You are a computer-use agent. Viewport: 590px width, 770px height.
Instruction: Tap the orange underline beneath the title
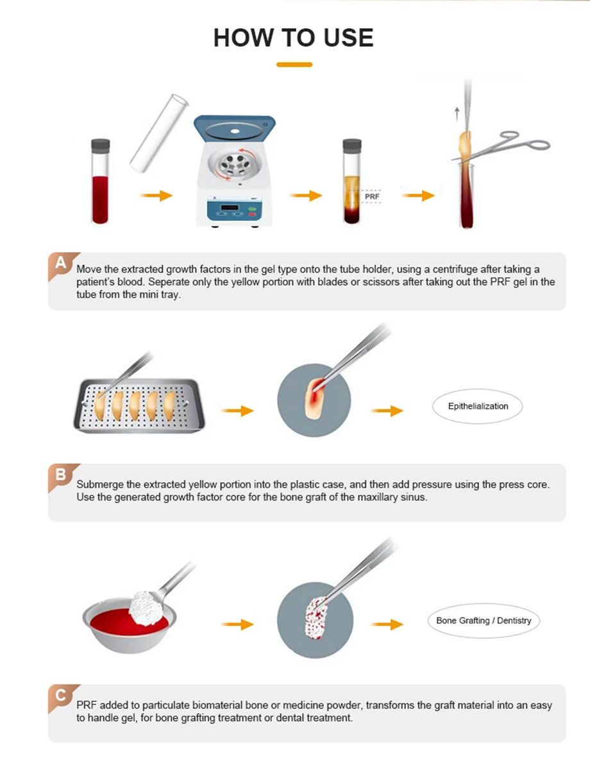pyautogui.click(x=294, y=65)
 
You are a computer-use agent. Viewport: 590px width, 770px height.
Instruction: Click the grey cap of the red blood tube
pyautogui.click(x=100, y=146)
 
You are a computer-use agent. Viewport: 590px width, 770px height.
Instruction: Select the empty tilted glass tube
pyautogui.click(x=158, y=133)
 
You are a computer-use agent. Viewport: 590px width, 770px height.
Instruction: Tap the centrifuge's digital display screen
pyautogui.click(x=229, y=207)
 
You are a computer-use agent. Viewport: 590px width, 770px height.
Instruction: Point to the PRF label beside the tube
pyautogui.click(x=372, y=196)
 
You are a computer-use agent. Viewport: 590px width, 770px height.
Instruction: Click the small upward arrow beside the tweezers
pyautogui.click(x=457, y=114)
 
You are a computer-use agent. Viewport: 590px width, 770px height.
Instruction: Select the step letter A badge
pyautogui.click(x=61, y=263)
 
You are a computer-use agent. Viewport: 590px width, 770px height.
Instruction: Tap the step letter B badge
pyautogui.click(x=61, y=474)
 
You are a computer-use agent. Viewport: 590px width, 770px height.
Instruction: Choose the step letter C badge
pyautogui.click(x=61, y=695)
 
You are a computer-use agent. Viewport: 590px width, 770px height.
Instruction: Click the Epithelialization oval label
pyautogui.click(x=477, y=406)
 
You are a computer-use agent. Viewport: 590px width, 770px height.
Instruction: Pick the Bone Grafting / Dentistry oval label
pyautogui.click(x=484, y=620)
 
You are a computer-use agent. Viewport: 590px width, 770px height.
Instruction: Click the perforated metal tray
pyautogui.click(x=139, y=406)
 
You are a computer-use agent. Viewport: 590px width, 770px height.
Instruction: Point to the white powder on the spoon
pyautogui.click(x=146, y=608)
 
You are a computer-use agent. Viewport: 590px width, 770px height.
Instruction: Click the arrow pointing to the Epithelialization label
pyautogui.click(x=387, y=411)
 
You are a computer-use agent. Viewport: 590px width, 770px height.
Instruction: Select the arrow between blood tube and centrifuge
pyautogui.click(x=156, y=195)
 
